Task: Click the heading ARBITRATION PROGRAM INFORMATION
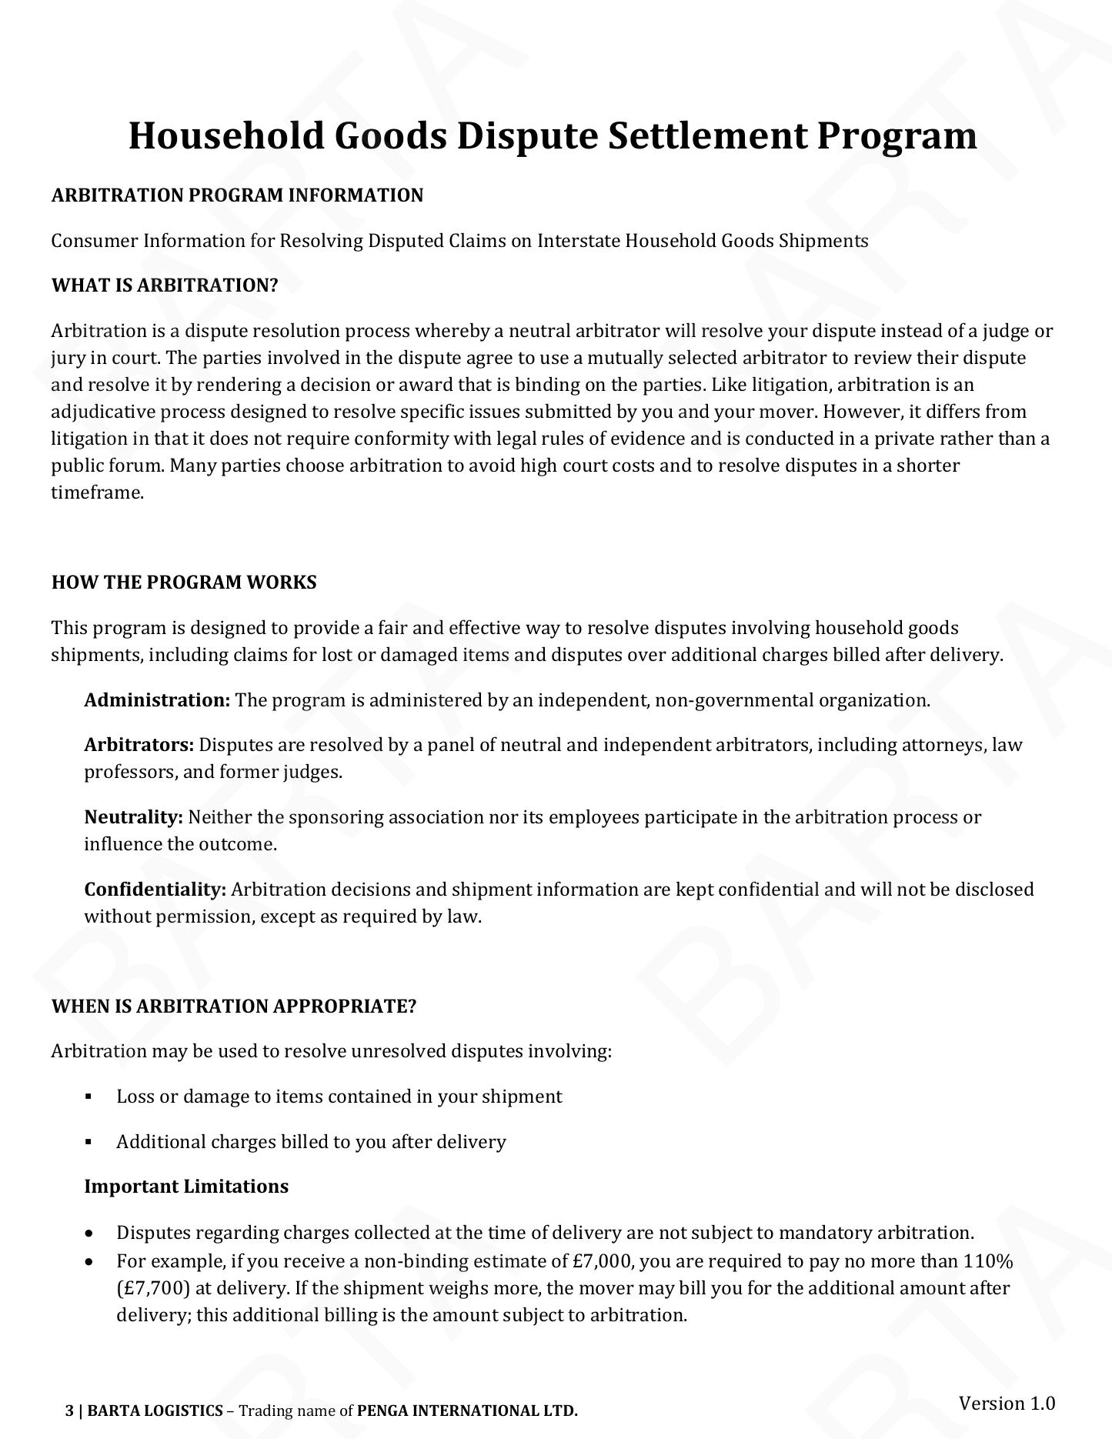[x=237, y=195]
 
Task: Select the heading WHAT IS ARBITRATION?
[x=164, y=285]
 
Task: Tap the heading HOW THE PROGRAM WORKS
[x=184, y=583]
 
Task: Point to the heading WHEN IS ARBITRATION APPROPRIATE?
[x=233, y=1007]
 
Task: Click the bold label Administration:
[x=157, y=700]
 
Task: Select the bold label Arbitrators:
[x=139, y=745]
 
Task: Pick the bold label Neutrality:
[x=133, y=817]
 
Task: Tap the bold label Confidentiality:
[x=155, y=890]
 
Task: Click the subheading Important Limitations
[x=186, y=1187]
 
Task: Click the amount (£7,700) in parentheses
[x=152, y=1288]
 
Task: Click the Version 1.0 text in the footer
[x=1007, y=1403]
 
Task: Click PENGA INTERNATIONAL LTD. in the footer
[x=467, y=1411]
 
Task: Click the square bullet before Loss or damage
[x=89, y=1097]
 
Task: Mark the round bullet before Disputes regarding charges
[x=91, y=1234]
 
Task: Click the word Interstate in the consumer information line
[x=578, y=241]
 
